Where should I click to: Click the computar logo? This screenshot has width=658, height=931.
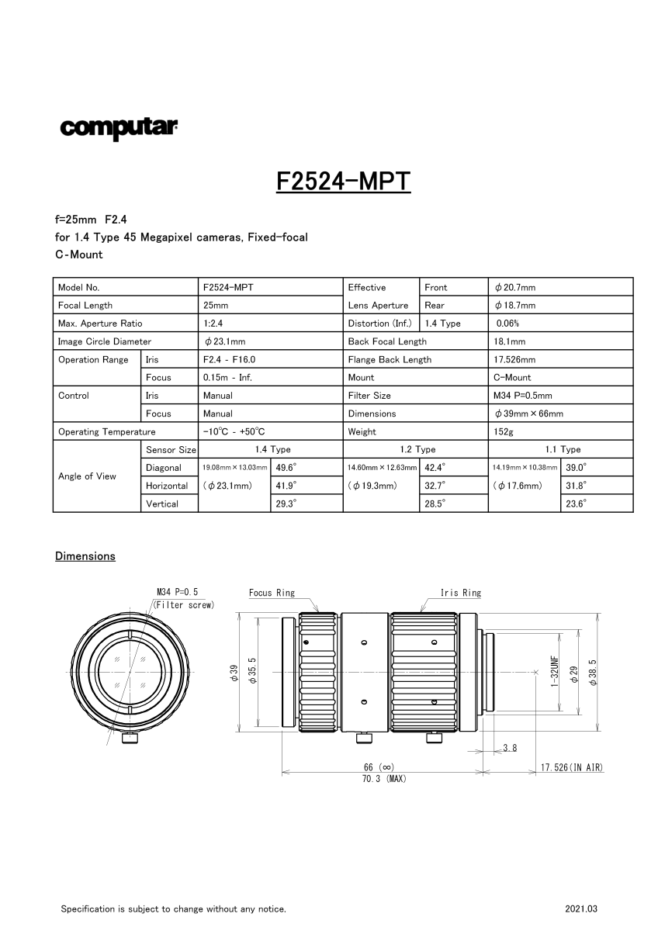click(x=119, y=128)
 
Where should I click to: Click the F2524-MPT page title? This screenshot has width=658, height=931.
click(x=342, y=181)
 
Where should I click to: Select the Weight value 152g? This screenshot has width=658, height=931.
click(x=503, y=432)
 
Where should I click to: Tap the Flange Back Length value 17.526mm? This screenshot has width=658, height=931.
click(x=514, y=360)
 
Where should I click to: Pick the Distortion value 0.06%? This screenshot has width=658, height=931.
click(x=507, y=324)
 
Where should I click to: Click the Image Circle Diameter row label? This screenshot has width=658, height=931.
click(x=104, y=341)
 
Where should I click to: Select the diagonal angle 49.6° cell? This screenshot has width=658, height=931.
click(x=286, y=468)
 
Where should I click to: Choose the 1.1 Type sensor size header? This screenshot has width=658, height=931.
click(x=559, y=449)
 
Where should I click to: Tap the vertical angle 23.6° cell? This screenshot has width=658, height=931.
click(x=575, y=504)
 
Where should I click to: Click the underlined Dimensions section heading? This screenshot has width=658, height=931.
click(x=85, y=556)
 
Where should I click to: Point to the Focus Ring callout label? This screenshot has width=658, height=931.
click(x=272, y=593)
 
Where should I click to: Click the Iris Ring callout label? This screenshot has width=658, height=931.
click(x=461, y=593)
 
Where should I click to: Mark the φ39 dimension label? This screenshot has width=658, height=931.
click(x=234, y=673)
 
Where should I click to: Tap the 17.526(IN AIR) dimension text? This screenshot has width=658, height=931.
click(x=572, y=767)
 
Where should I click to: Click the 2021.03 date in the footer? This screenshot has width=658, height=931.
click(x=582, y=909)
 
